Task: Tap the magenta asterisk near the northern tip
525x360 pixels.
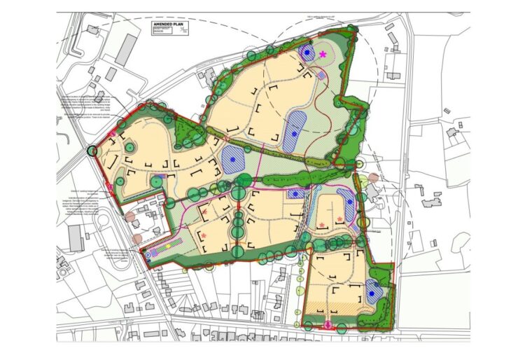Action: [x=323, y=54]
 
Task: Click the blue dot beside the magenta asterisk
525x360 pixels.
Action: [x=307, y=52]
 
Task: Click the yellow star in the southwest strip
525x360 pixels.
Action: [x=168, y=247]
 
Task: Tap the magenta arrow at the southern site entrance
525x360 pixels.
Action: [x=328, y=324]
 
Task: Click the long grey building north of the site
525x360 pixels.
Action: [x=126, y=50]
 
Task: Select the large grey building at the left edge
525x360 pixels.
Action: [x=76, y=238]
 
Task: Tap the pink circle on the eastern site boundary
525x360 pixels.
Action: [x=374, y=178]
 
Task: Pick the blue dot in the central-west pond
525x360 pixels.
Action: [x=232, y=160]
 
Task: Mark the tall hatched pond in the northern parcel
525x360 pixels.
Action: [x=295, y=130]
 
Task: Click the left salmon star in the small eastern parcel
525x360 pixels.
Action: [x=322, y=224]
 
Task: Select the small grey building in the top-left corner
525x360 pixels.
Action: [x=92, y=29]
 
